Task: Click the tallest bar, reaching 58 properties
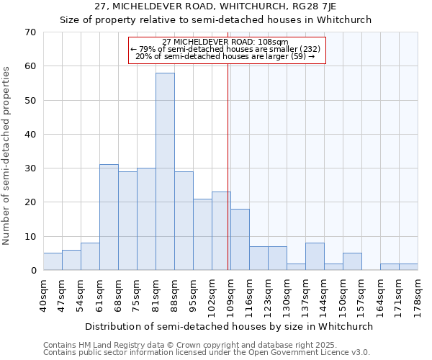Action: click(x=165, y=171)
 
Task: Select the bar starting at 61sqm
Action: click(x=109, y=217)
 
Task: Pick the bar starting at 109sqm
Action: click(x=240, y=240)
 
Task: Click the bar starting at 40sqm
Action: click(x=53, y=262)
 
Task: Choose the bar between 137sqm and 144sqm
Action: click(x=315, y=257)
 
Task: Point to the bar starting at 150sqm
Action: click(x=352, y=262)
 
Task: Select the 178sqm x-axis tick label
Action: click(x=418, y=296)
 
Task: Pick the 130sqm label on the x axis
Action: click(x=287, y=296)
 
